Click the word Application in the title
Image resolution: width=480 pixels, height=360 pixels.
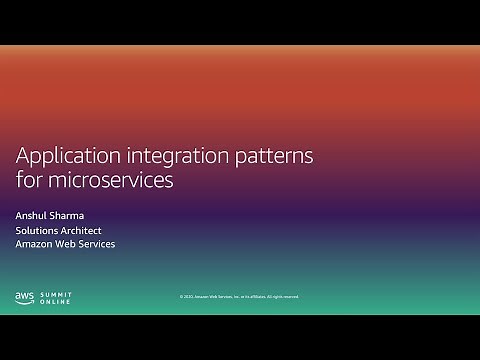click(69, 157)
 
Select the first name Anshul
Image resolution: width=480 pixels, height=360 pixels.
click(34, 214)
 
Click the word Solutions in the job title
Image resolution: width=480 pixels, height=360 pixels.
click(39, 229)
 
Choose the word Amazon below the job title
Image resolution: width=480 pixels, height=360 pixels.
click(38, 244)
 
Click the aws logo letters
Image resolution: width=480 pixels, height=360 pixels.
click(25, 295)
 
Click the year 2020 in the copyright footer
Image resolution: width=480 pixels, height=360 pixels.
click(187, 297)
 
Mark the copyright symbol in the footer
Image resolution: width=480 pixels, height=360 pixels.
click(181, 297)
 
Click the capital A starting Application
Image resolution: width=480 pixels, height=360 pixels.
click(23, 156)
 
